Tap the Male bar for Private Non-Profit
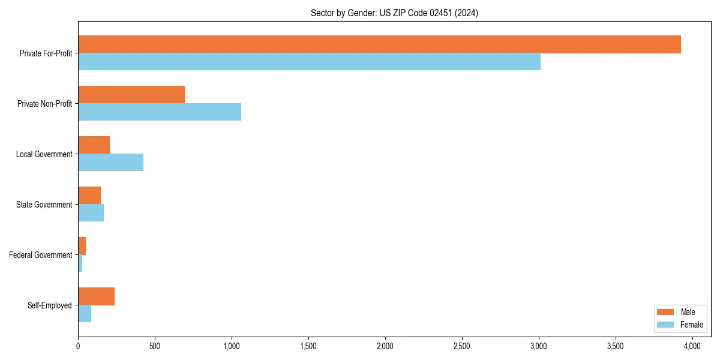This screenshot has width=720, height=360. click(x=131, y=95)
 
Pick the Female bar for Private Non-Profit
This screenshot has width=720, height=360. click(x=160, y=112)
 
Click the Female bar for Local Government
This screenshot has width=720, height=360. click(x=110, y=163)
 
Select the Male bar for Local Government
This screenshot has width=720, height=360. click(x=94, y=145)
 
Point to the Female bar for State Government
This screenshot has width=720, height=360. click(x=91, y=213)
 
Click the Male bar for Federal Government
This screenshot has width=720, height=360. click(x=82, y=246)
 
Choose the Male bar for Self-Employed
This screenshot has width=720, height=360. click(x=96, y=296)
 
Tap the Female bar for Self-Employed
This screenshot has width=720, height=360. click(x=85, y=314)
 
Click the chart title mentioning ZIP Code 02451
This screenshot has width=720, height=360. click(x=394, y=13)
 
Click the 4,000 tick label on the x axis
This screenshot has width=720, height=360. click(x=692, y=346)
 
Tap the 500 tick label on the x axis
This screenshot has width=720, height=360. click(x=155, y=346)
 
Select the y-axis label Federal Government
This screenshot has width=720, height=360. click(x=41, y=255)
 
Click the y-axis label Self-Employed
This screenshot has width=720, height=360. click(x=50, y=305)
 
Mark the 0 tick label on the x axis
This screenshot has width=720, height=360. click(x=78, y=346)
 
